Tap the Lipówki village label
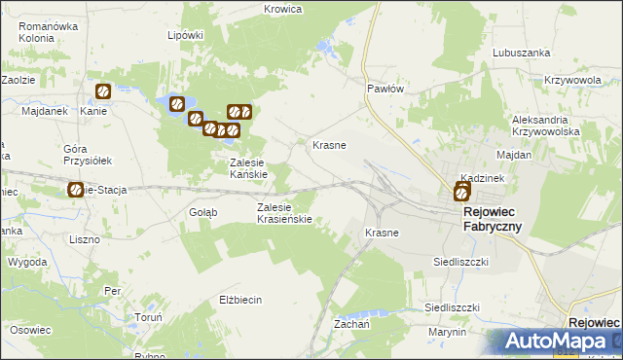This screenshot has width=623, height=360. [x=185, y=35]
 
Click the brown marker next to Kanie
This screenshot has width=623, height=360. [x=102, y=91]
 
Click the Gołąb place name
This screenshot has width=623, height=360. [x=202, y=211]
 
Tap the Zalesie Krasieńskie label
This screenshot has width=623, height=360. [x=283, y=213]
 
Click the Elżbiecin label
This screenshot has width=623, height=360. [x=241, y=300]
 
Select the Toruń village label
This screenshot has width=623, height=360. [x=148, y=318]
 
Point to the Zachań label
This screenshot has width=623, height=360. [x=350, y=322]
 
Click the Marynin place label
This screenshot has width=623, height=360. [x=448, y=332]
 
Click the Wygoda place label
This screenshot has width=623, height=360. [x=26, y=263]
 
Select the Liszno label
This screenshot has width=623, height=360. [x=86, y=238]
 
